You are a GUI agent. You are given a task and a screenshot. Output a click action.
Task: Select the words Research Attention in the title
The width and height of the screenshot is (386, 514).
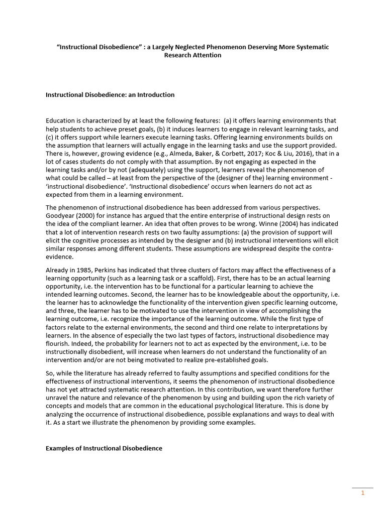(192, 55)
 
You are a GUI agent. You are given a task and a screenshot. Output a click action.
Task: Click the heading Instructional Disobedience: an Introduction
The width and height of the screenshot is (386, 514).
(110, 94)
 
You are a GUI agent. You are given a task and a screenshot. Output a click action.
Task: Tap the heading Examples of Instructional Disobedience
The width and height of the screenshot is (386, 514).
(104, 448)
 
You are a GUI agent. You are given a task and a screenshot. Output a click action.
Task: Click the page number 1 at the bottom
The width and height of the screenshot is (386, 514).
(362, 493)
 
